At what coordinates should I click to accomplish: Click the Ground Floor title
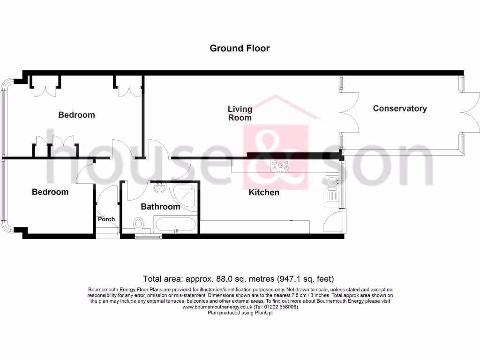240,48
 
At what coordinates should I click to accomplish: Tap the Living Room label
240,113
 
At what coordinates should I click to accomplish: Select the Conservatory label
400,108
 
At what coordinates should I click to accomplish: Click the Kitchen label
264,192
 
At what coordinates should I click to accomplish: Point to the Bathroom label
160,207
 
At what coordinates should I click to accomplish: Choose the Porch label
106,219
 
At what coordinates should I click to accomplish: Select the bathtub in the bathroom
176,225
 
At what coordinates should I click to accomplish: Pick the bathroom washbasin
159,189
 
